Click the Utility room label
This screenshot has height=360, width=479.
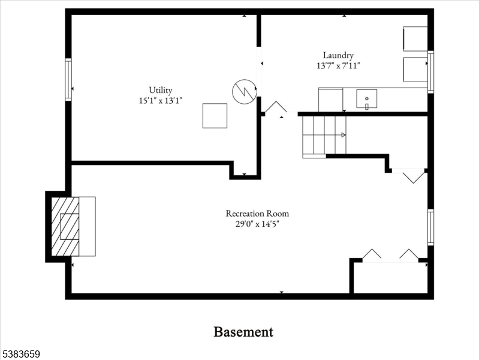pos(161,90)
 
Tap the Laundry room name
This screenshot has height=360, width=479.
pos(338,55)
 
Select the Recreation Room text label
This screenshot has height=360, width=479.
pos(257,213)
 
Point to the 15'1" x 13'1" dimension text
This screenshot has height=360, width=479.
pos(161,100)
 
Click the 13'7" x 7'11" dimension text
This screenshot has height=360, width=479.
pos(338,65)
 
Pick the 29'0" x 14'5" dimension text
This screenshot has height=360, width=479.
pos(257,224)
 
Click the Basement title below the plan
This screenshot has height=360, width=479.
pos(243,332)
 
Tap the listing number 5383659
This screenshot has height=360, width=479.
pos(20,354)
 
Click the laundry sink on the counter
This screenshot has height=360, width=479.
pos(366,99)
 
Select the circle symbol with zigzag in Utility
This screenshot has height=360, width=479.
pos(245,91)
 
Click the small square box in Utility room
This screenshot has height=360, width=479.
pos(215,116)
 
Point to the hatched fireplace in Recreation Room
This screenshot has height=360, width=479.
pos(65,226)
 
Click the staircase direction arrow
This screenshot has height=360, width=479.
pos(343,134)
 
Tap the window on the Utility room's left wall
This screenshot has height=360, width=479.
pos(68,80)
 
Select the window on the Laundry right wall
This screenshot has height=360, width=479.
pos(430,72)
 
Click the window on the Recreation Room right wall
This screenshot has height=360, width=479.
pos(430,227)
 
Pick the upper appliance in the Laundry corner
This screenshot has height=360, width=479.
pos(415,39)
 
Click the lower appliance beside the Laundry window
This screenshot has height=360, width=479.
pos(415,70)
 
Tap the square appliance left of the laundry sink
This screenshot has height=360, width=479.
pos(330,100)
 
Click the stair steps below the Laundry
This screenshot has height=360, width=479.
pos(324,135)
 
